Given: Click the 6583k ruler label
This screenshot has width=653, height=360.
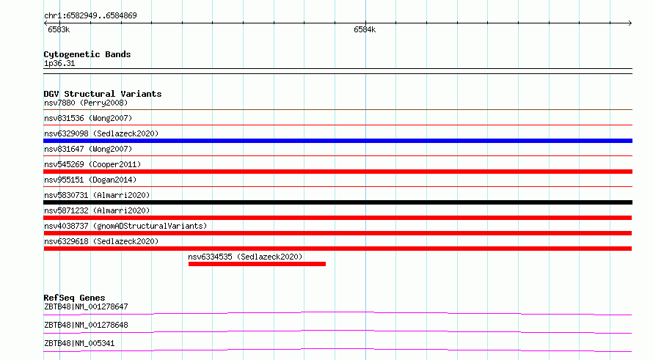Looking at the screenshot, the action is tap(59, 29).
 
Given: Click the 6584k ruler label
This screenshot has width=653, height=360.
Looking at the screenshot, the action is tap(365, 29).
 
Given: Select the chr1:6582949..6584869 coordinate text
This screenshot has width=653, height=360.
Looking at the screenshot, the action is tap(90, 16).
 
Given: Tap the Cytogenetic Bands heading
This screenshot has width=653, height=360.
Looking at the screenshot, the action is tap(87, 54).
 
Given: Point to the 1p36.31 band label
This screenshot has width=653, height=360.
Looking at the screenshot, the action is tap(59, 64).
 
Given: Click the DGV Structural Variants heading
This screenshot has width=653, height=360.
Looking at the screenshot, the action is tap(103, 94).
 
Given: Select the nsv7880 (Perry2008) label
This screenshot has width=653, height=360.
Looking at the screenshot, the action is tap(86, 103).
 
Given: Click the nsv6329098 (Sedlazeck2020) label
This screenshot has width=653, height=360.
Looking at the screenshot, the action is tap(101, 133).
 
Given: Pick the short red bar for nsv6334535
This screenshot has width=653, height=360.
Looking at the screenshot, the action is tap(257, 264).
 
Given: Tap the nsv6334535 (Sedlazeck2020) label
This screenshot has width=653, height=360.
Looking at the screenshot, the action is tap(245, 257).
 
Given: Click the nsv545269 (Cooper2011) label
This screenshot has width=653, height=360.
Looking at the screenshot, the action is tap(92, 164).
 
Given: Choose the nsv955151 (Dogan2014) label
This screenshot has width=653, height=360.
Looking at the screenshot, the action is tap(90, 180).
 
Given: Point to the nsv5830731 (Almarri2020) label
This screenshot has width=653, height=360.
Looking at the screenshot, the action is tap(97, 195).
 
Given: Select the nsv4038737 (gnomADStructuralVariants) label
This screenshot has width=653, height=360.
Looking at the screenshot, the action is tap(125, 226).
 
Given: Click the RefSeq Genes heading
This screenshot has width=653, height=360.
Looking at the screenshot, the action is tap(74, 298).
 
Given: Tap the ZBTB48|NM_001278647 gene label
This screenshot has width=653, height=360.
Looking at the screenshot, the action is tap(86, 306).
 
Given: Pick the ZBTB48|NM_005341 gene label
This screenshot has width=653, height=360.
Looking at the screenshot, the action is tap(79, 343).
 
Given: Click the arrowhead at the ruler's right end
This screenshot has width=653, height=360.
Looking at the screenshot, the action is tap(631, 23).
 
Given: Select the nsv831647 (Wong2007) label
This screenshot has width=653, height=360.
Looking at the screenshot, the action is tap(88, 149).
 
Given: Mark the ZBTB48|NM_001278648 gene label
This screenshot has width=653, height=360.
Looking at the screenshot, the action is tap(86, 325).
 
